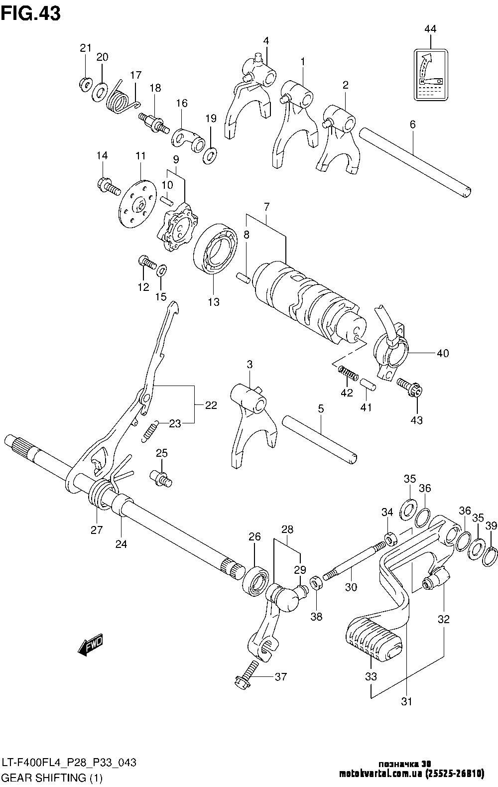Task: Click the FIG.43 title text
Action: pos(31,13)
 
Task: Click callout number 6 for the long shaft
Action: pos(412,125)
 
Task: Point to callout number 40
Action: pos(442,354)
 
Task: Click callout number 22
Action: pos(211,405)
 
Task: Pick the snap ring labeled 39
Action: pos(490,556)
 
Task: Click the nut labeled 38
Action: pos(315,582)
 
